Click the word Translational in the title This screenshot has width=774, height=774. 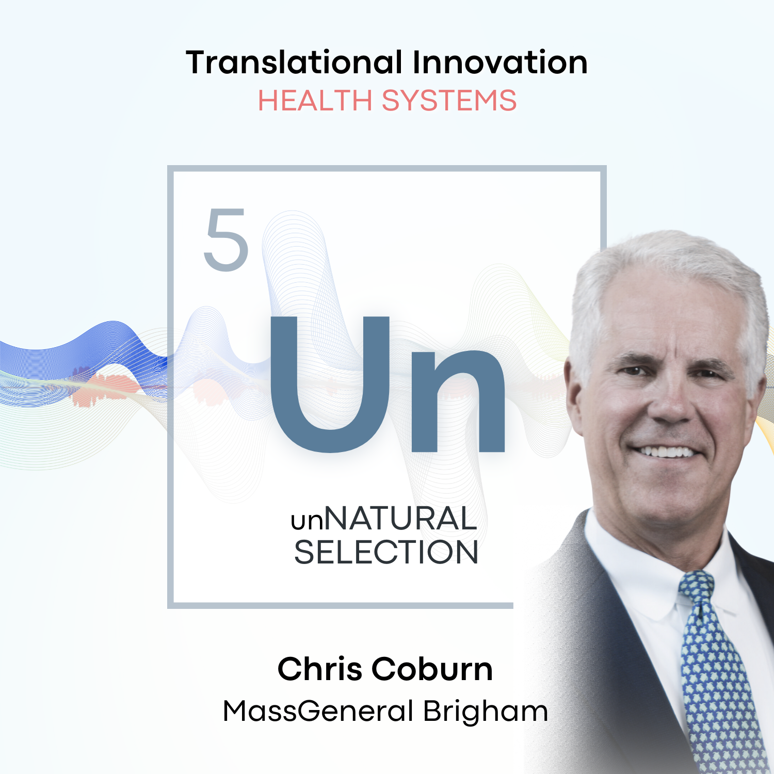(x=294, y=62)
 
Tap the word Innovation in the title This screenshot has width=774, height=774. (x=499, y=62)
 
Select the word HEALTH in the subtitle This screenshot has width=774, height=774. (x=315, y=100)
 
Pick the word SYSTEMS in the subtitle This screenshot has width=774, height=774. (x=449, y=100)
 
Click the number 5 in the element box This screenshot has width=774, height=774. (x=227, y=240)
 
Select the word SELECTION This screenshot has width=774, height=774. (x=386, y=552)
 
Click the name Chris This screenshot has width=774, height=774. (x=320, y=669)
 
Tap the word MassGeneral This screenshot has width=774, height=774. (x=318, y=711)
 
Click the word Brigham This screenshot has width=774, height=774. (x=486, y=711)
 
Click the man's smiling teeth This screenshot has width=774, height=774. (x=667, y=452)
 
